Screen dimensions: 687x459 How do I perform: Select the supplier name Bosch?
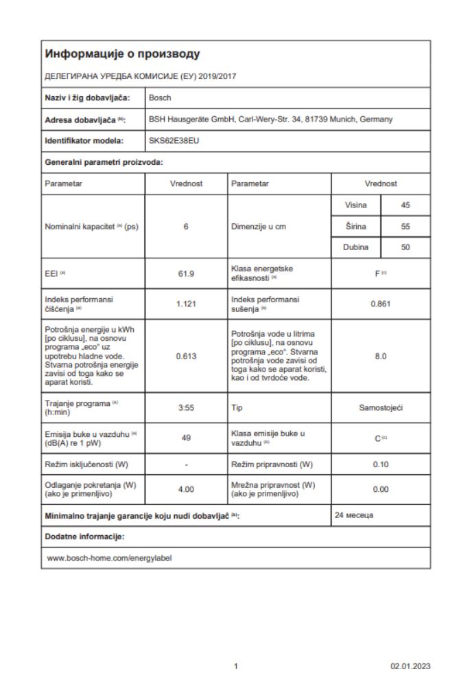(159, 98)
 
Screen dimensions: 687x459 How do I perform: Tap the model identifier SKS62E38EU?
(172, 141)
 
